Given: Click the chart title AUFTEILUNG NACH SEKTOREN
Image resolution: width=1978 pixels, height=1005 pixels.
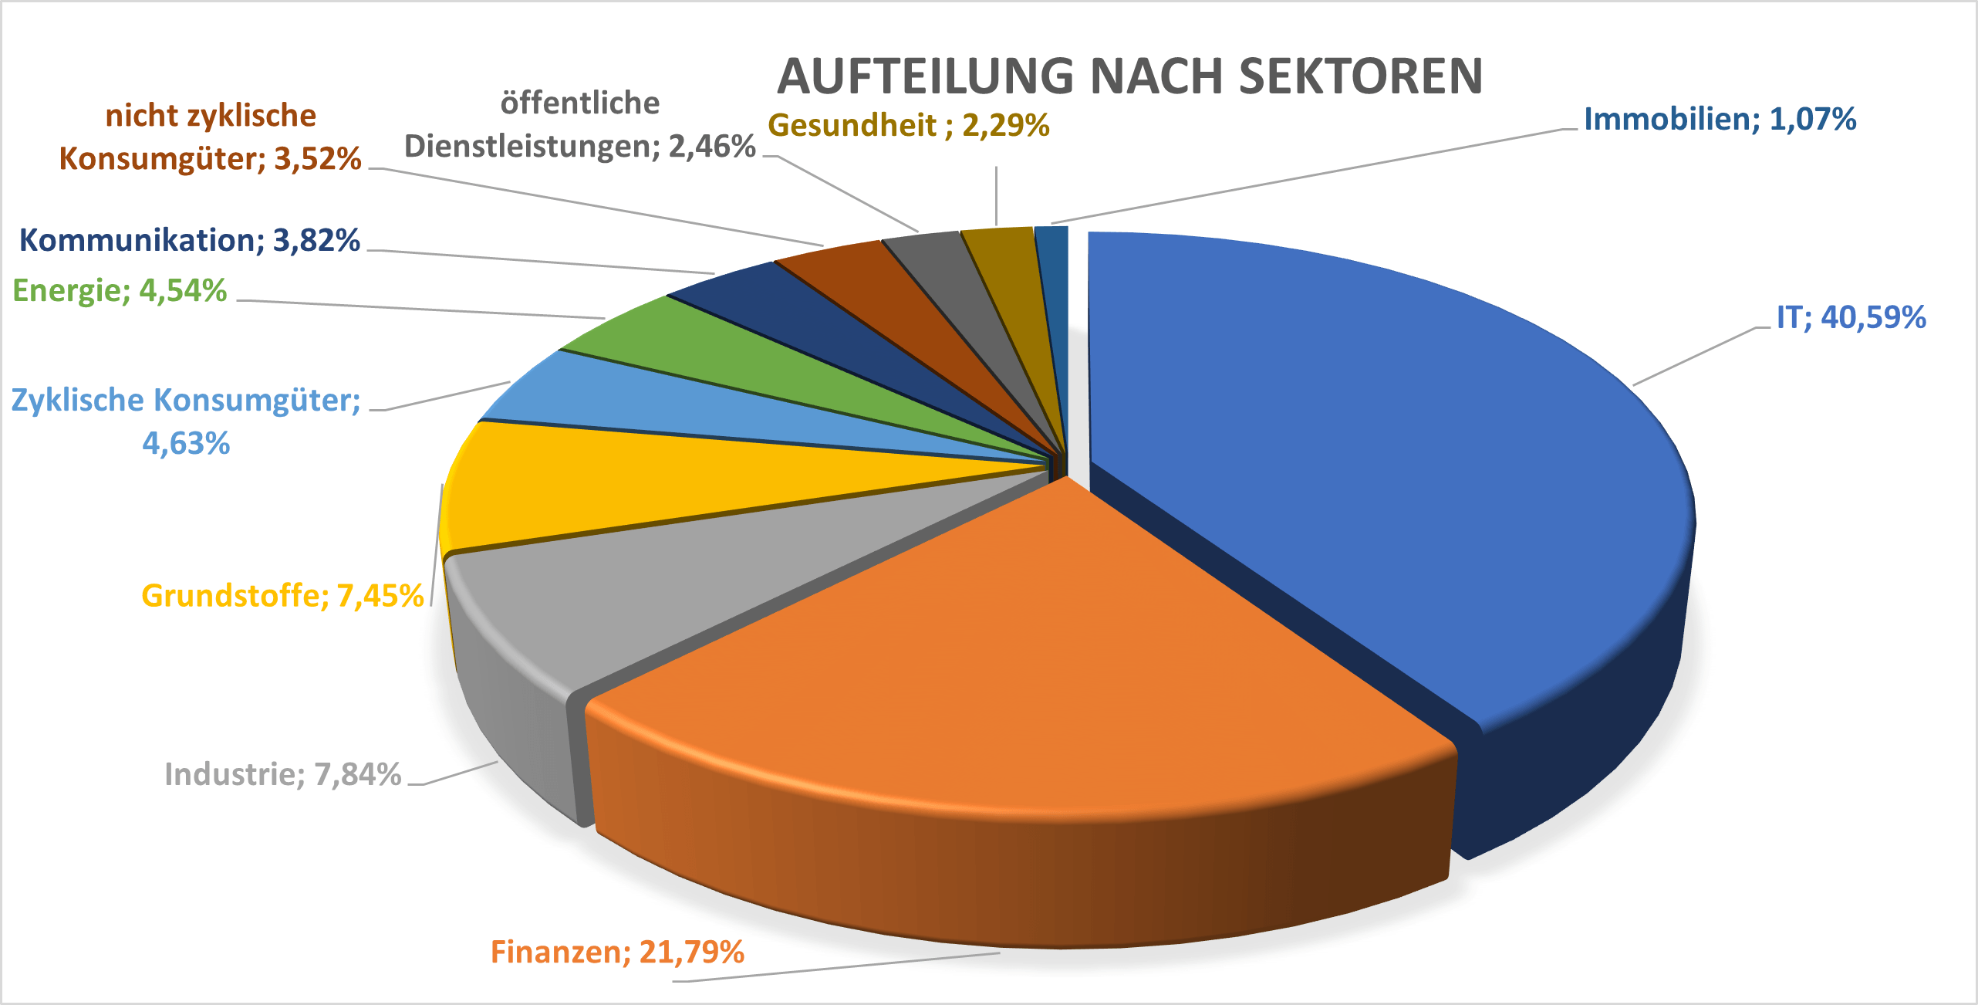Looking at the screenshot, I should [1129, 76].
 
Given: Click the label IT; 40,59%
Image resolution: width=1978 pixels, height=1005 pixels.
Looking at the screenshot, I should [1850, 317].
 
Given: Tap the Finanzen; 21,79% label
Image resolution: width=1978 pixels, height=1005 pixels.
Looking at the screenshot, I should [617, 952].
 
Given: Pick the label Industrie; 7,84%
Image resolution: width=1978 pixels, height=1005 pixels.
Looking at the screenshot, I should [282, 774].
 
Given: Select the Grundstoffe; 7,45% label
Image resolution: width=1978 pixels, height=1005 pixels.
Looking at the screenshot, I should [282, 596].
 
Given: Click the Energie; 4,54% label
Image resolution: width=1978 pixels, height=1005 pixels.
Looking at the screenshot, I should [120, 291].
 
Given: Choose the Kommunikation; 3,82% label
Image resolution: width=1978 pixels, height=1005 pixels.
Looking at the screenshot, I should [189, 240].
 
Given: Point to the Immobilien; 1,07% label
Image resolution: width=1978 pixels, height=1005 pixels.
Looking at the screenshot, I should [1720, 119].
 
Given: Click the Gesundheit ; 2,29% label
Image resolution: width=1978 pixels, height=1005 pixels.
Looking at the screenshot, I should [908, 125].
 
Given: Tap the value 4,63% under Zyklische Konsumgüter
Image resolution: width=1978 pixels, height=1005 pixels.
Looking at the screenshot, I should [186, 444].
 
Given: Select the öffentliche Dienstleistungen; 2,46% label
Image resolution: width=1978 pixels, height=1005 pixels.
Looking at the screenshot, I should [579, 125].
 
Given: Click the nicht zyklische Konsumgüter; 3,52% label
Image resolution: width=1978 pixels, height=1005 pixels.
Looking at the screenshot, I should [210, 137].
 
